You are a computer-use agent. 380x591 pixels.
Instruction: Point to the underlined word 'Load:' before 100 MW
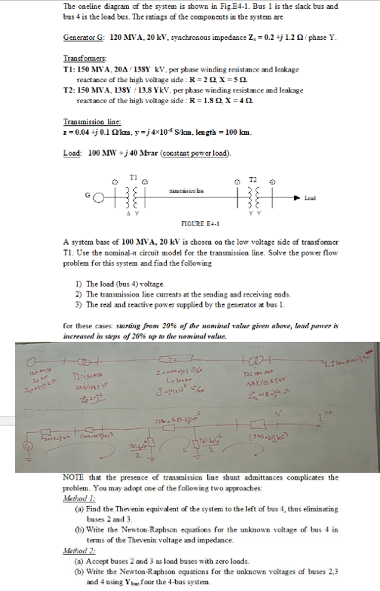pos(74,154)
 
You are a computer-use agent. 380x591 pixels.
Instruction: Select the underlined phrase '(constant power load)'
pos(198,154)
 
